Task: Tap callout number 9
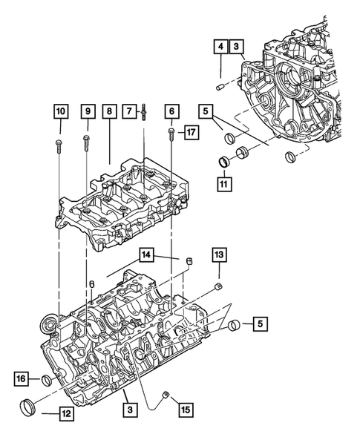coord(88,112)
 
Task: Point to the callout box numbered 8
coord(109,112)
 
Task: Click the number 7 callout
coord(131,112)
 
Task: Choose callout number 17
coord(191,133)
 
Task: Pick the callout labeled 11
coord(220,180)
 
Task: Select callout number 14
coord(147,255)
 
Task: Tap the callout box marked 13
coord(218,255)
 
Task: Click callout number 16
coord(22,379)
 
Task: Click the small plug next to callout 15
coord(168,393)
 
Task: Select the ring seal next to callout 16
coord(48,381)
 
